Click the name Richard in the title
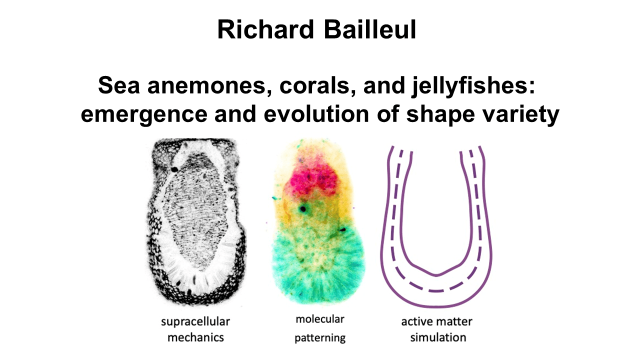[x=265, y=29]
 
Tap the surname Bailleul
[x=370, y=29]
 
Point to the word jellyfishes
[x=473, y=86]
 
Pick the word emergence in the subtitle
[x=144, y=114]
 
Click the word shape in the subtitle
[x=441, y=114]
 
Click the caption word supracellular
[x=195, y=322]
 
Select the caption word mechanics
[x=195, y=337]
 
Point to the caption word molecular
[x=319, y=319]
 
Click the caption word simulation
[x=438, y=337]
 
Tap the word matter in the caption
[x=455, y=322]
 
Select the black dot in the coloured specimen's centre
[x=303, y=209]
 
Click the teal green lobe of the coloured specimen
[x=317, y=263]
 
